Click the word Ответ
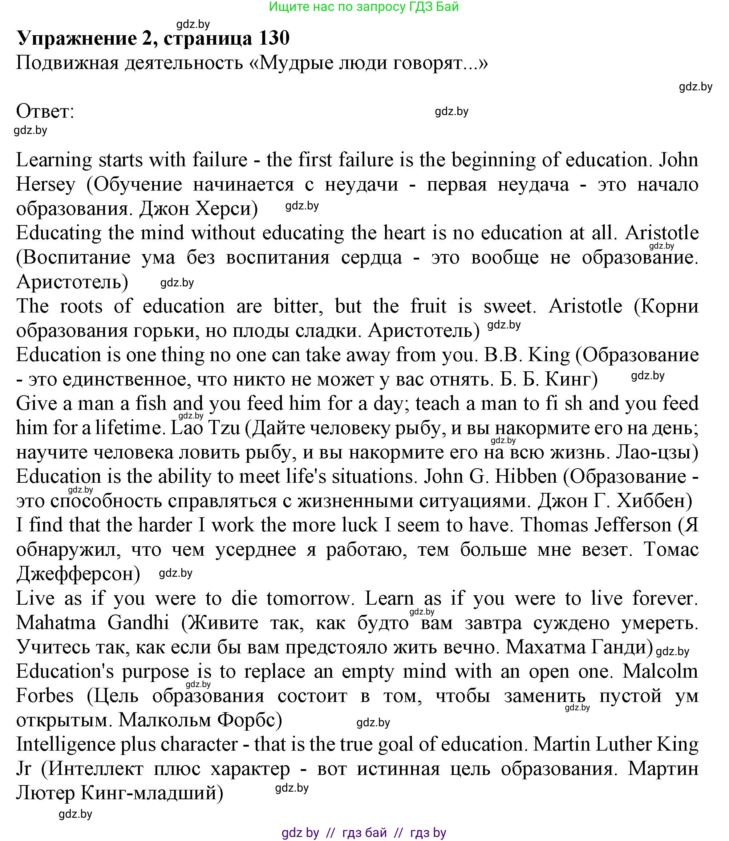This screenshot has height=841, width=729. point(45,111)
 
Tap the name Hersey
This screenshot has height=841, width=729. point(45,184)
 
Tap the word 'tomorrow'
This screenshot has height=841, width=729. point(308,598)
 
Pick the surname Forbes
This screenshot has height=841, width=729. point(45,696)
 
